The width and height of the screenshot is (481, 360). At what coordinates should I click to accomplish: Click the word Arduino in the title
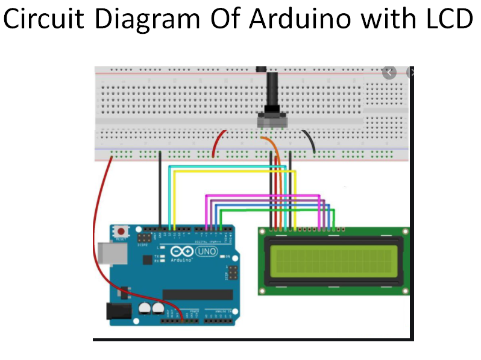click(299, 19)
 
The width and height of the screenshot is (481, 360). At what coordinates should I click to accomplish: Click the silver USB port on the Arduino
click(108, 254)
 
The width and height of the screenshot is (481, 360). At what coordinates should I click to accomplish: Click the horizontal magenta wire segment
click(262, 196)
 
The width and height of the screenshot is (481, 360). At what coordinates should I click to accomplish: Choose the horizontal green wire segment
click(277, 210)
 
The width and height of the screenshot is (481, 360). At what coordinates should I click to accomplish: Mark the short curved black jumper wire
click(310, 142)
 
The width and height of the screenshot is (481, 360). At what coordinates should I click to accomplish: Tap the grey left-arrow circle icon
click(389, 72)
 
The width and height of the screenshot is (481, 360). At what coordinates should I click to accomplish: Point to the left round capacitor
click(145, 309)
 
